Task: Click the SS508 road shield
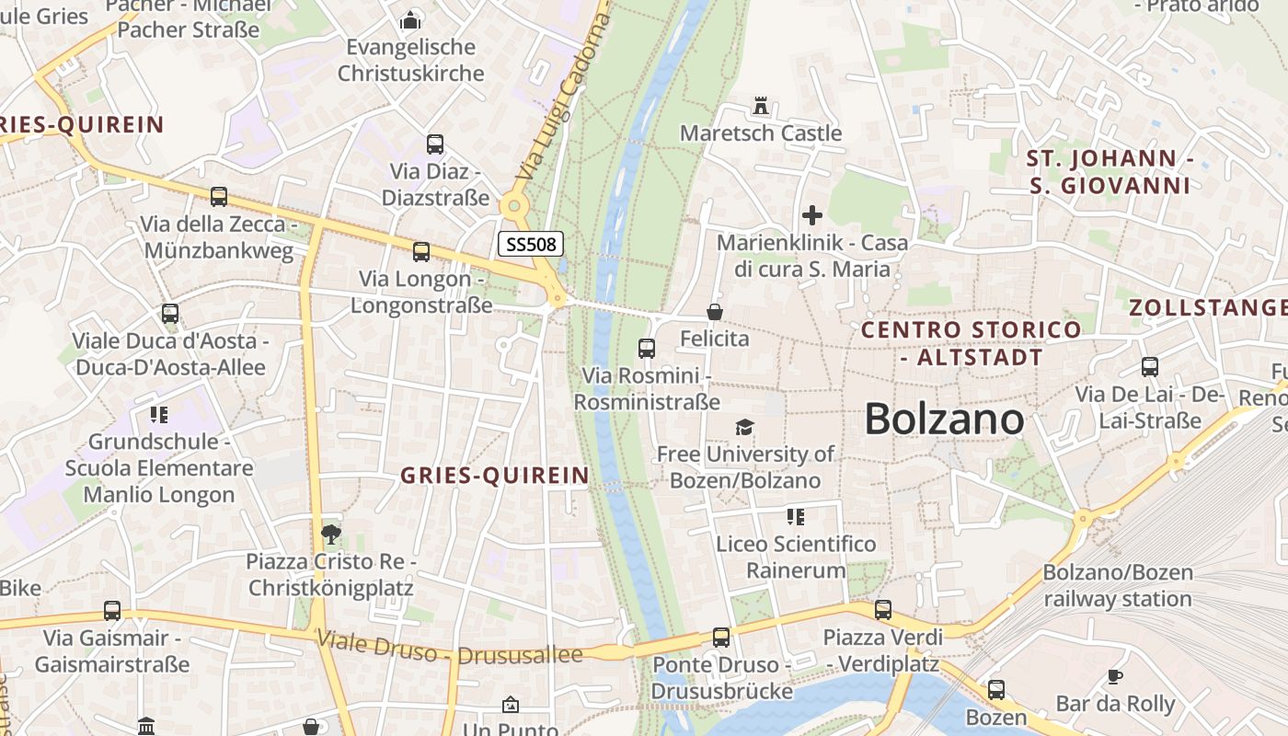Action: coord(530,245)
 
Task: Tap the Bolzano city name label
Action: coord(944,420)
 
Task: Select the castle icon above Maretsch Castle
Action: coord(761,106)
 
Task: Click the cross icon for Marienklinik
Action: coord(812,215)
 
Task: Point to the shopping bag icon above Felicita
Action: coord(715,312)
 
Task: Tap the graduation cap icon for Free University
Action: coord(744,427)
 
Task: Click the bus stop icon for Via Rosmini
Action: coord(647,349)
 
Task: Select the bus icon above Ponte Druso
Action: coord(721,638)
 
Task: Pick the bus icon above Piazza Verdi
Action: coord(883,609)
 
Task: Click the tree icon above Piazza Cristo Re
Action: coord(330,534)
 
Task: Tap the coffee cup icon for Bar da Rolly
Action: coord(1115,677)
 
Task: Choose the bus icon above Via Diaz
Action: coord(435,144)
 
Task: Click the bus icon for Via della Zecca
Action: coord(219,197)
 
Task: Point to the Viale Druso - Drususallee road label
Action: coord(450,647)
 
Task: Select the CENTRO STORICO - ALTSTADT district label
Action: coord(972,342)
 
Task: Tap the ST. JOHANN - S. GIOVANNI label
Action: coord(1109,172)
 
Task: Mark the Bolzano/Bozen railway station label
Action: coord(1117,585)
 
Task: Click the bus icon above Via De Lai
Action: coord(1150,367)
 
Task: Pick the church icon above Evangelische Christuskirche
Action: coord(410,20)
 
